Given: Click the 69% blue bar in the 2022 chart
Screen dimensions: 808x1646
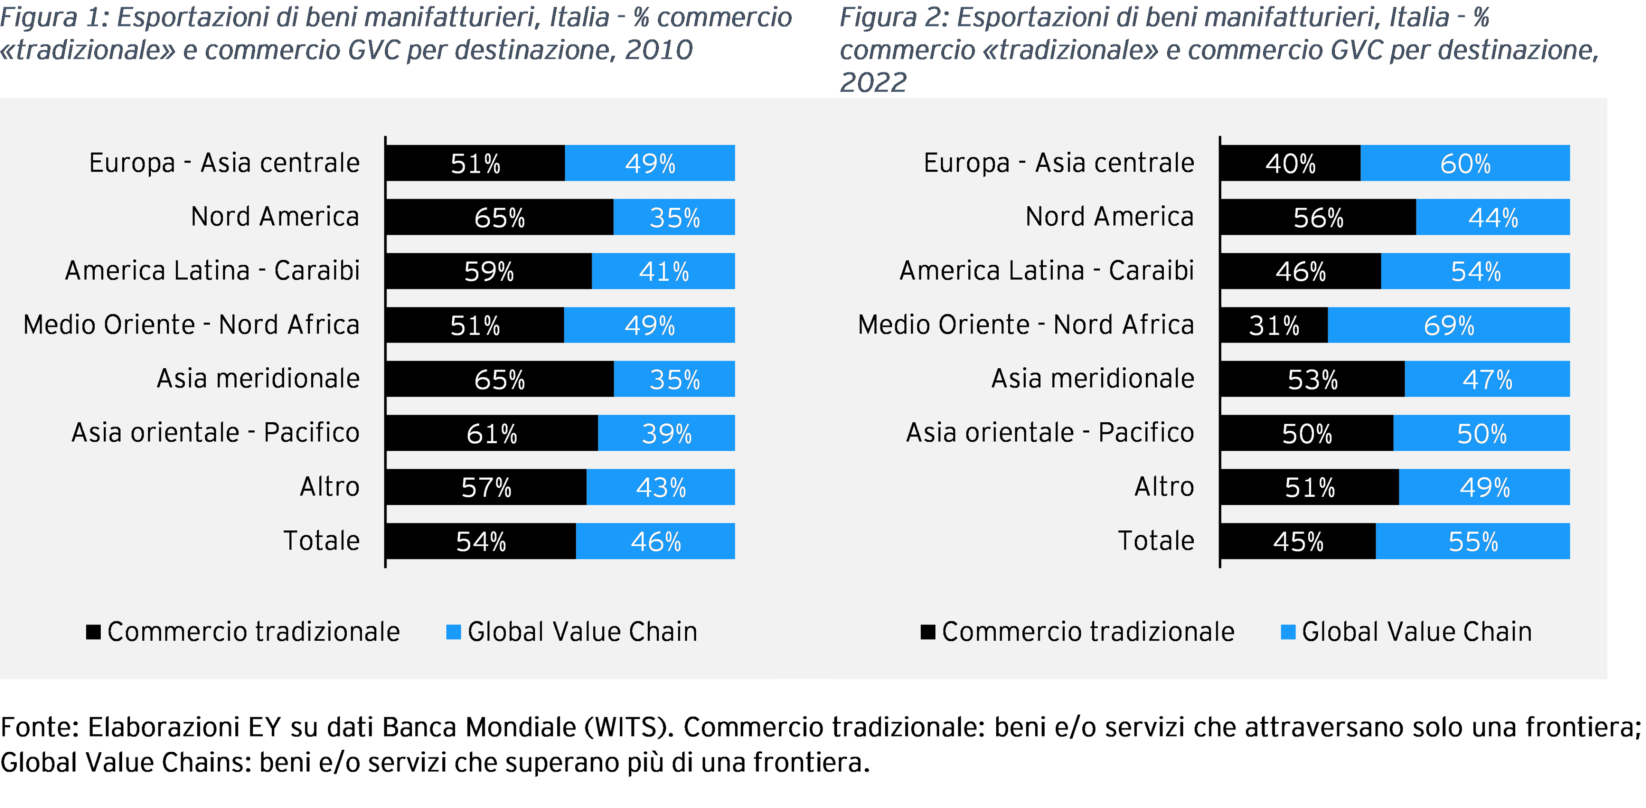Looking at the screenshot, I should tap(1448, 325).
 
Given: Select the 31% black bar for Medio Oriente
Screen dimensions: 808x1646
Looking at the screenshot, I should tap(1274, 325).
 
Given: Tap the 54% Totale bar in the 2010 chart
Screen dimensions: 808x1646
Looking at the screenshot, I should tap(481, 541).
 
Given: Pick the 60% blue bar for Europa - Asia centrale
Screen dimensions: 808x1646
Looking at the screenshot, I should tap(1465, 163).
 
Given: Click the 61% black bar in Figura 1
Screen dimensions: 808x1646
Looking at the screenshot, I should tap(491, 433).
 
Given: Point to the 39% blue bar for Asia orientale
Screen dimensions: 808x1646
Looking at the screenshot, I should tap(667, 433).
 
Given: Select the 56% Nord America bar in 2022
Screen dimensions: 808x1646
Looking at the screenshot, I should tap(1318, 217).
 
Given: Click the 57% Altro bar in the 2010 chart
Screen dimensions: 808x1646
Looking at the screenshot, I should tap(486, 487).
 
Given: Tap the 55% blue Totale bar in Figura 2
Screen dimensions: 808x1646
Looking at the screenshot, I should tap(1472, 541).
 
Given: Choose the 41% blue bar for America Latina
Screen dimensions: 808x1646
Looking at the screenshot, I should tap(663, 271).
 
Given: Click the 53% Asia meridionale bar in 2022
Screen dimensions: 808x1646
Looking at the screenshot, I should tap(1312, 379).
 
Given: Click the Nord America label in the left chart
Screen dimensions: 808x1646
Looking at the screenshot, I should tap(275, 216).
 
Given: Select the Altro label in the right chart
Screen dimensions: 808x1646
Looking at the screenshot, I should tap(1164, 487).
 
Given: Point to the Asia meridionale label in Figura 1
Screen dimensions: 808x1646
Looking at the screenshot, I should tap(258, 379).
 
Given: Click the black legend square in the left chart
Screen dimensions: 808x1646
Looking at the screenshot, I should tap(93, 632).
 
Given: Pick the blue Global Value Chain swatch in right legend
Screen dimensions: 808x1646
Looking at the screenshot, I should tap(1288, 632).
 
